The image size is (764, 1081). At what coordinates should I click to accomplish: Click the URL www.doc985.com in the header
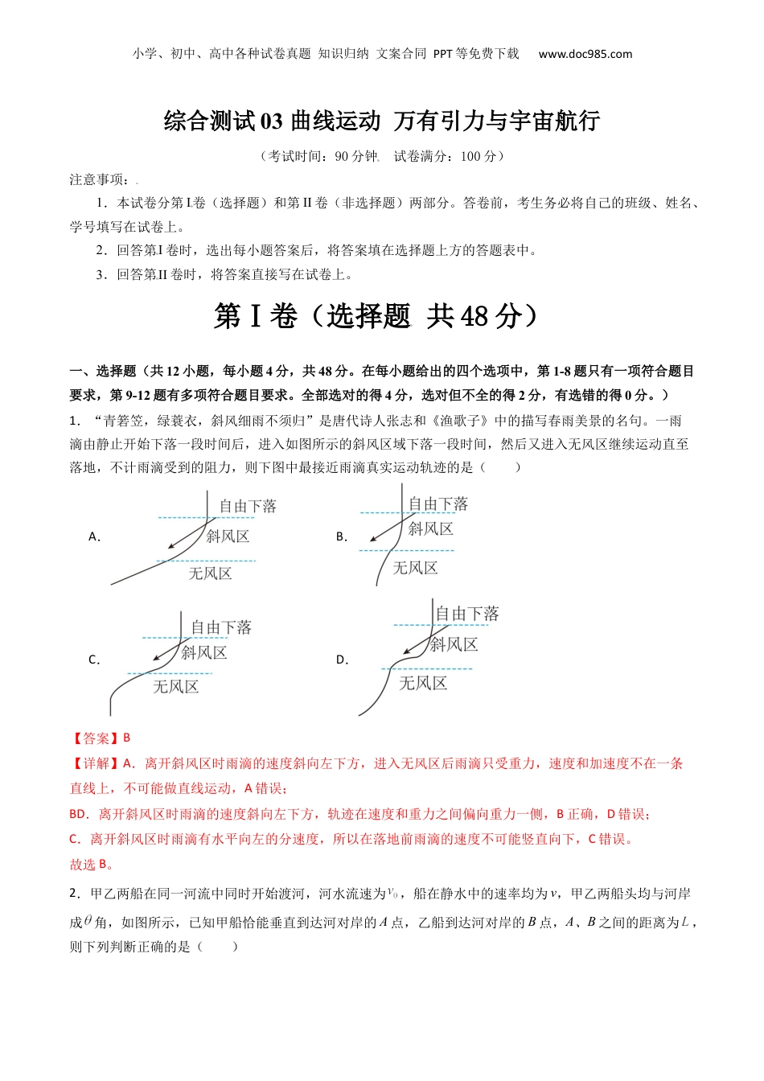(x=585, y=54)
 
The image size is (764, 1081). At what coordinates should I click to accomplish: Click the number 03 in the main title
(x=270, y=121)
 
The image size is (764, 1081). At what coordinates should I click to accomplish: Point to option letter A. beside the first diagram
(x=94, y=536)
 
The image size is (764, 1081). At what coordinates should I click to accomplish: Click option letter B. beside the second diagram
(x=342, y=536)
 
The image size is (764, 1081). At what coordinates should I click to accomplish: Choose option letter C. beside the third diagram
(x=94, y=660)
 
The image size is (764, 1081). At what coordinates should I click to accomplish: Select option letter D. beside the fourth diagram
(x=342, y=660)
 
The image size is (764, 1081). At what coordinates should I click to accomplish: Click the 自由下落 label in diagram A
(x=248, y=506)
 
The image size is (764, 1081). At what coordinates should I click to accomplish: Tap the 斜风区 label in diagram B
(x=430, y=528)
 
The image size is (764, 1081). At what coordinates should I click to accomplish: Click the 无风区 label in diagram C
(x=175, y=686)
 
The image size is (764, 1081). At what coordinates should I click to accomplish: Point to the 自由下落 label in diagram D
(x=466, y=614)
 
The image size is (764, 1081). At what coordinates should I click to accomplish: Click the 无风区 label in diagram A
(x=210, y=573)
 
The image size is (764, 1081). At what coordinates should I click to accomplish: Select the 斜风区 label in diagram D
(x=454, y=644)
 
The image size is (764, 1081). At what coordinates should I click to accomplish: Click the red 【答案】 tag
(x=90, y=738)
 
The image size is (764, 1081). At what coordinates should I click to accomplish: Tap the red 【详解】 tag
(x=90, y=763)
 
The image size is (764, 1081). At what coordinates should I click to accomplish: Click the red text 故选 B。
(x=92, y=865)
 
